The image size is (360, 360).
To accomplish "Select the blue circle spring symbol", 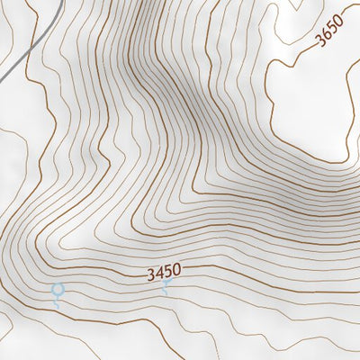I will pos(58,290).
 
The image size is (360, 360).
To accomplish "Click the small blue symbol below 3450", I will pos(166,286).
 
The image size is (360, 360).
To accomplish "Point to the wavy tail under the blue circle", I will pos(58,304).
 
